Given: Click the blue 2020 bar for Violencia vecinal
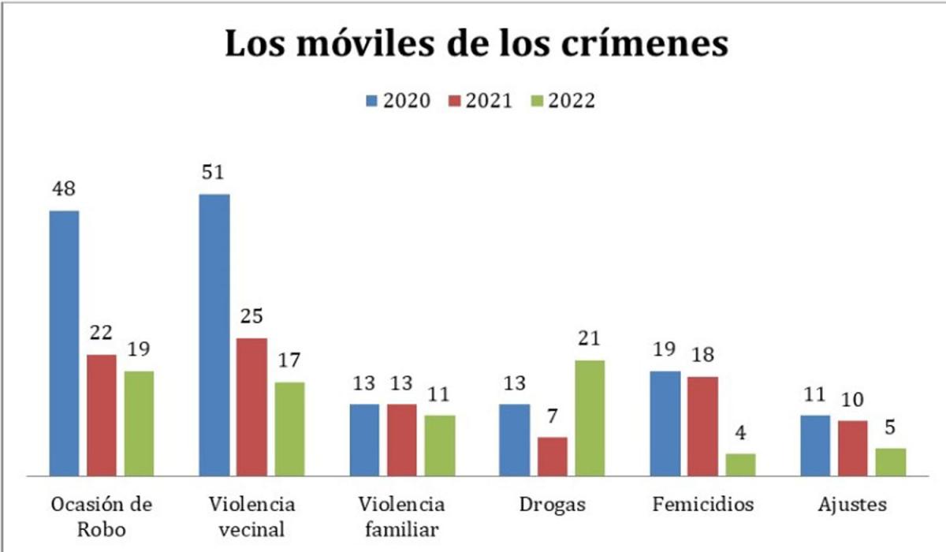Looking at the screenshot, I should coord(214,335).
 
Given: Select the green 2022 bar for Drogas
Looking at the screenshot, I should coord(589,418).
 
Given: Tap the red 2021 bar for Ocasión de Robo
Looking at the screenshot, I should coord(102,416).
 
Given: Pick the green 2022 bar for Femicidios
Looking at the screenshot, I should coord(740,464).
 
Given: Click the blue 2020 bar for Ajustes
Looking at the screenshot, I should coord(815,446).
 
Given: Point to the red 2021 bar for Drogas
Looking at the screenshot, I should coord(552,457).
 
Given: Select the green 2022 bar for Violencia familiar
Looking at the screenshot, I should coord(440,446).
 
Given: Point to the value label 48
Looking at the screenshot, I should coord(65,192).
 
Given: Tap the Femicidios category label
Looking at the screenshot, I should coord(703,505).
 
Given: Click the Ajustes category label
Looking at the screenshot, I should coord(853,505).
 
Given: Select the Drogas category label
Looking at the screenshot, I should coord(552,505).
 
